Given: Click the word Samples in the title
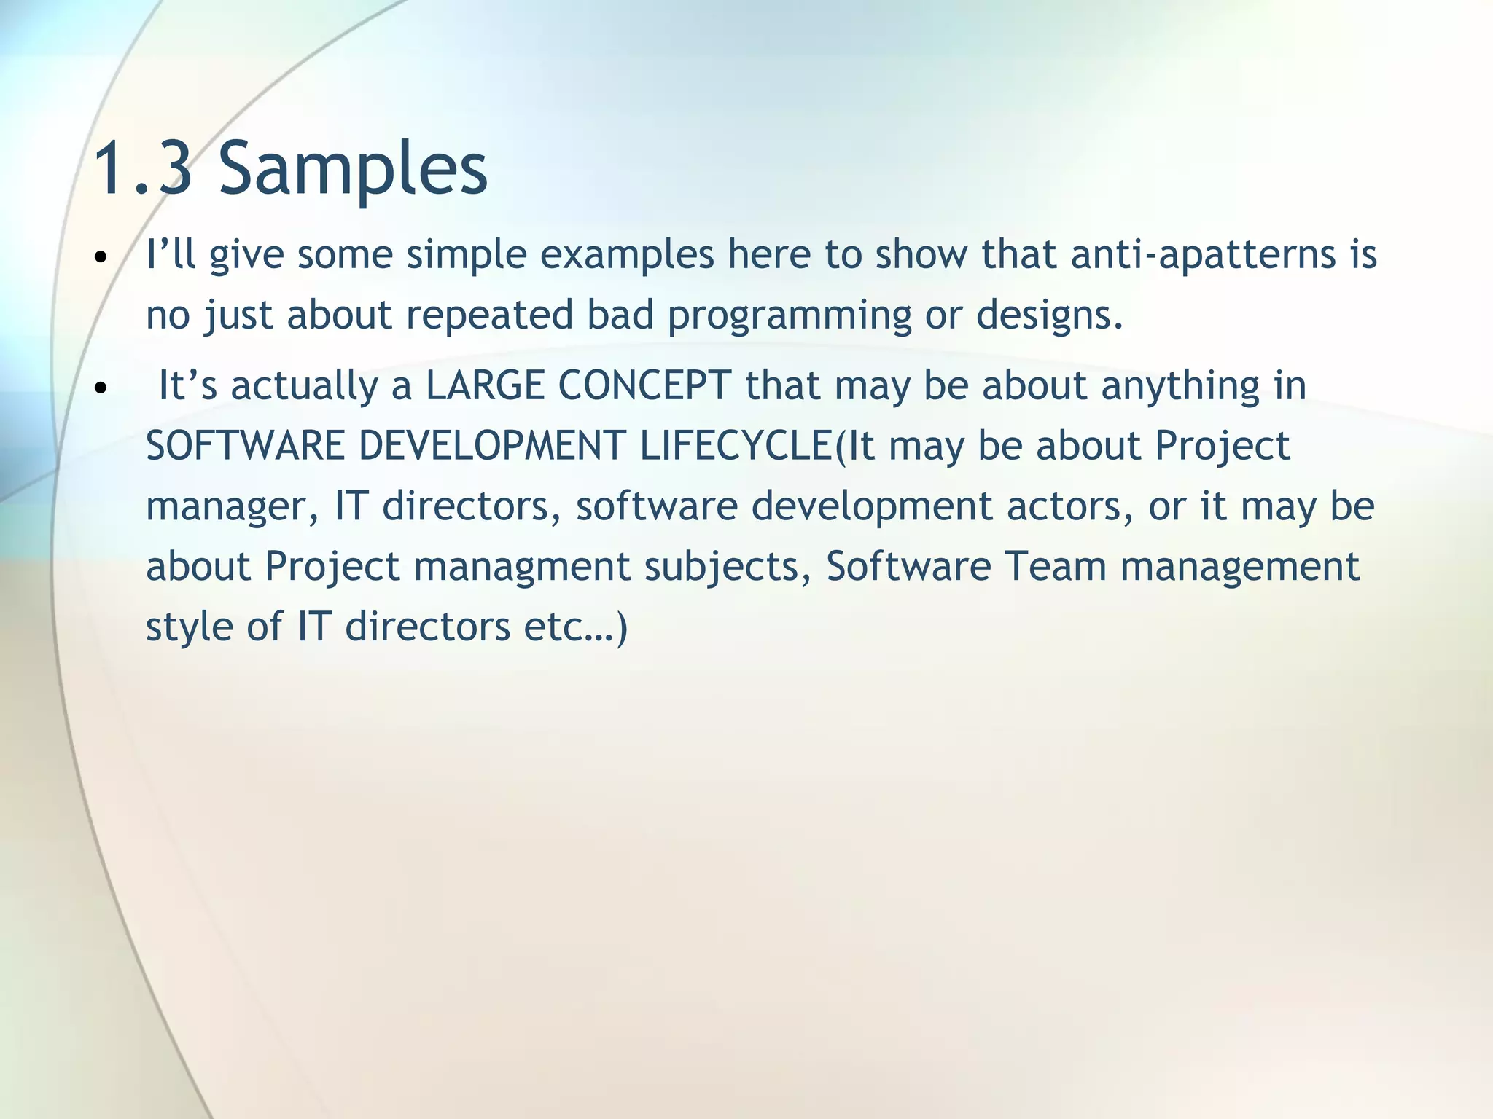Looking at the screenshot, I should click(353, 169).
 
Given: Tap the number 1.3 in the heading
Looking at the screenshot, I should click(144, 169).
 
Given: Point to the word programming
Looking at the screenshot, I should click(790, 315).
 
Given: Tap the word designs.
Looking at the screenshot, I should click(1050, 315).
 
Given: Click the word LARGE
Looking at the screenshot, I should click(485, 385).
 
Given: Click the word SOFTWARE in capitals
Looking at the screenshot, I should click(245, 446).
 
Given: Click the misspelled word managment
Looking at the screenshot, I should click(522, 567).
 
